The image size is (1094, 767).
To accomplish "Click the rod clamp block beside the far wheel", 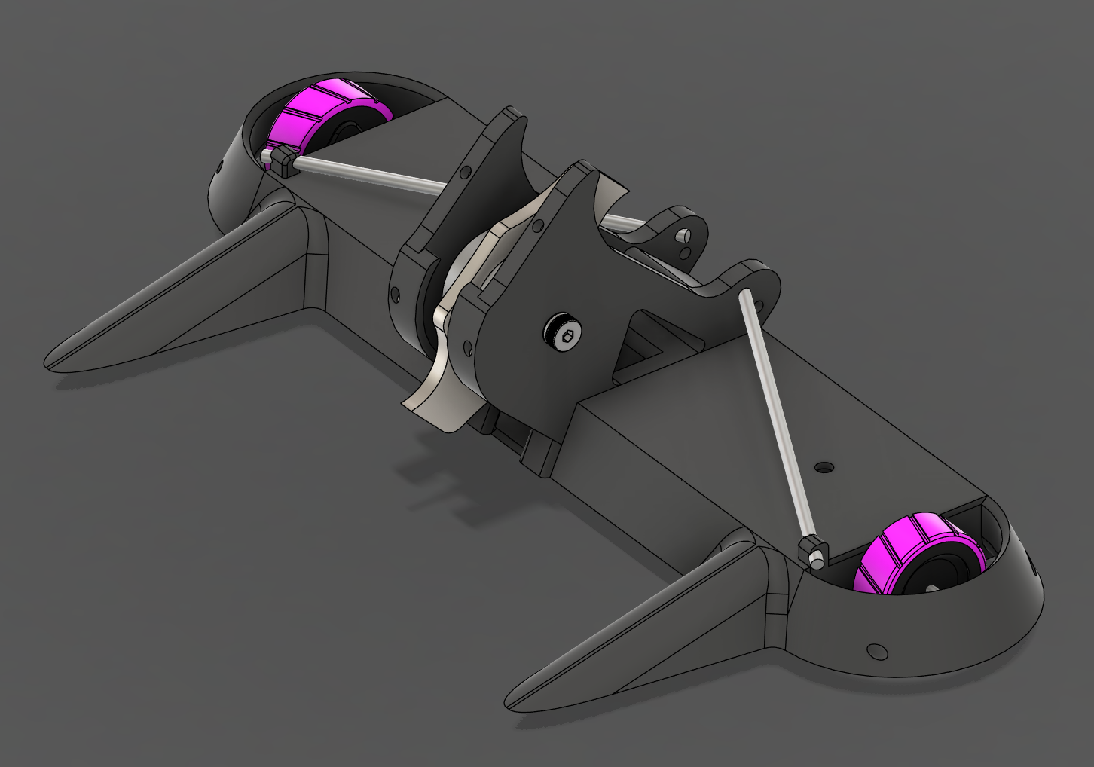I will tap(281, 161).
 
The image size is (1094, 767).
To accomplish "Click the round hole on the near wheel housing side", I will tap(876, 649).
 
